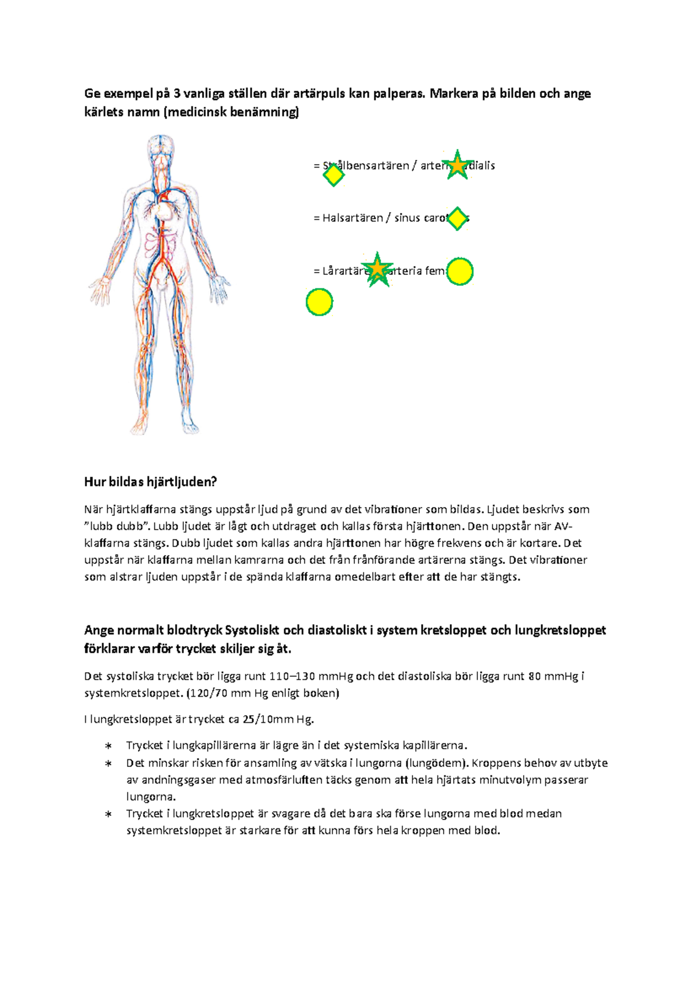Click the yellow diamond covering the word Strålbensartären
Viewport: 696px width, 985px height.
click(333, 175)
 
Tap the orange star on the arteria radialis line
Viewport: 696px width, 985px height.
click(458, 165)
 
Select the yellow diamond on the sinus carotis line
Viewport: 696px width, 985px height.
click(458, 219)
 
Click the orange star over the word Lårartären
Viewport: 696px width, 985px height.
click(378, 270)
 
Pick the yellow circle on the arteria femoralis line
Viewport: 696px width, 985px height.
click(460, 271)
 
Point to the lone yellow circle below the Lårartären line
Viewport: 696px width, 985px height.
click(319, 302)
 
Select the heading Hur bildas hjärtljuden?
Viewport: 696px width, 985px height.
click(150, 481)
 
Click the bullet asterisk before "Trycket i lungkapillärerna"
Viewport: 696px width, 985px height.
click(108, 746)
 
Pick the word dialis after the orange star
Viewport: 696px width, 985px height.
click(481, 165)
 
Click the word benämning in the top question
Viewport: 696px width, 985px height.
click(263, 112)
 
